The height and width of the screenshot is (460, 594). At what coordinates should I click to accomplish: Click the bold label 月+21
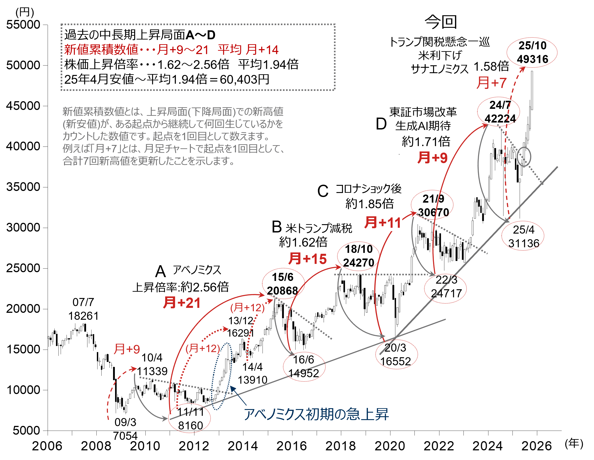click(182, 303)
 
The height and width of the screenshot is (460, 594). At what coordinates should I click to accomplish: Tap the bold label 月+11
click(383, 223)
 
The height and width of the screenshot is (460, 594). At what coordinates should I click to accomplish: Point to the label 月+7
click(491, 83)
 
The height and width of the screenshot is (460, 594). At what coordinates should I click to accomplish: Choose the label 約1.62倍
click(303, 242)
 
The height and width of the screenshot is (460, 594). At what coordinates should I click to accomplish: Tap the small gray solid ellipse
click(524, 156)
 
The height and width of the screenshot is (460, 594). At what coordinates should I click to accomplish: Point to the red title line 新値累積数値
click(101, 50)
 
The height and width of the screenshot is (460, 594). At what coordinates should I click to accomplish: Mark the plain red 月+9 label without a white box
click(127, 349)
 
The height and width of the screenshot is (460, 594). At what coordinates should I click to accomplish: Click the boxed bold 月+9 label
click(432, 158)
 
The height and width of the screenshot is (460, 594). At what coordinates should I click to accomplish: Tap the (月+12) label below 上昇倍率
click(247, 308)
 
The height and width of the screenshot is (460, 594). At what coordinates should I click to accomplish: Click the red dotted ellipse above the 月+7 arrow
click(532, 53)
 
